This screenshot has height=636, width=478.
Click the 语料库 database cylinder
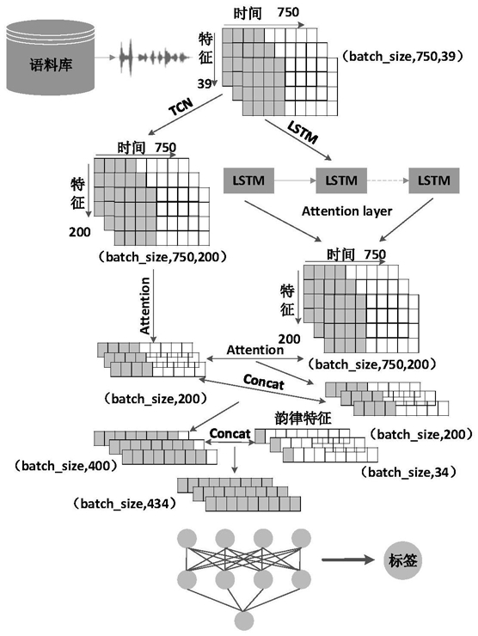51,58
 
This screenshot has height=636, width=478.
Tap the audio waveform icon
155,58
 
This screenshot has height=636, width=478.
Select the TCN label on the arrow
181,107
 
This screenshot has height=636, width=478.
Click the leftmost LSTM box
248,180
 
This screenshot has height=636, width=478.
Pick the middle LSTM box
341,180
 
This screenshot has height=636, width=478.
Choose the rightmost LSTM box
434,180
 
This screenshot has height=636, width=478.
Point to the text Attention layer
347,211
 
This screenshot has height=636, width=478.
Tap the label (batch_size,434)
126,504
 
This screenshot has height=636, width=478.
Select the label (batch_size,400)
66,466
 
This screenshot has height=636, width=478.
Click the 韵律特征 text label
303,419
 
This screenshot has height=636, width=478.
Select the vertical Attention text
144,305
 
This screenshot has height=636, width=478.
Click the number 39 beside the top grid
205,83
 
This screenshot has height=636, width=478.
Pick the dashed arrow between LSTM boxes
388,180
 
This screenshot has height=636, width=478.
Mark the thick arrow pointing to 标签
348,560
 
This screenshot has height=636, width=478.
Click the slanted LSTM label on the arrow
303,132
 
